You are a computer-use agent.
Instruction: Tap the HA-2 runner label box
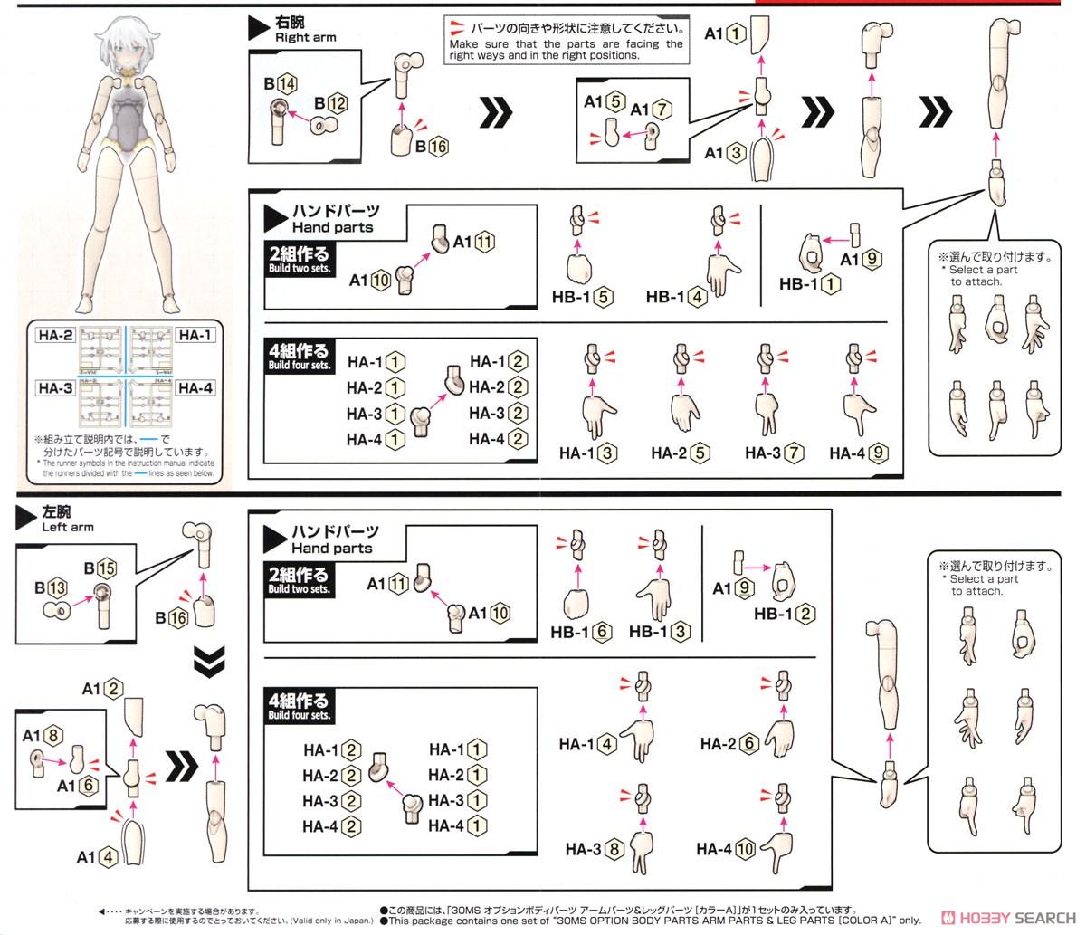tap(55, 335)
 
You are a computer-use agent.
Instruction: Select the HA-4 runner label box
tap(195, 388)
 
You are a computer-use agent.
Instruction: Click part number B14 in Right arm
tap(281, 83)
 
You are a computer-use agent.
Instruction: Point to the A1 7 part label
tap(651, 110)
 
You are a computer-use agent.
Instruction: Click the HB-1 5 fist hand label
tap(583, 297)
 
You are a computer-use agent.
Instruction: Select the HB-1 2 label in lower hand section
tap(785, 614)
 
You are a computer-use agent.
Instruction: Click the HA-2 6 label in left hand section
tap(728, 744)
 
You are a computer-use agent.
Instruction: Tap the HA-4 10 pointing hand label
tap(725, 849)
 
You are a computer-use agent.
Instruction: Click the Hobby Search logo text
tap(1015, 917)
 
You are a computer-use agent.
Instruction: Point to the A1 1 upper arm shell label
tap(725, 33)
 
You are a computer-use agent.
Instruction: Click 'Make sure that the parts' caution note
tap(566, 43)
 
